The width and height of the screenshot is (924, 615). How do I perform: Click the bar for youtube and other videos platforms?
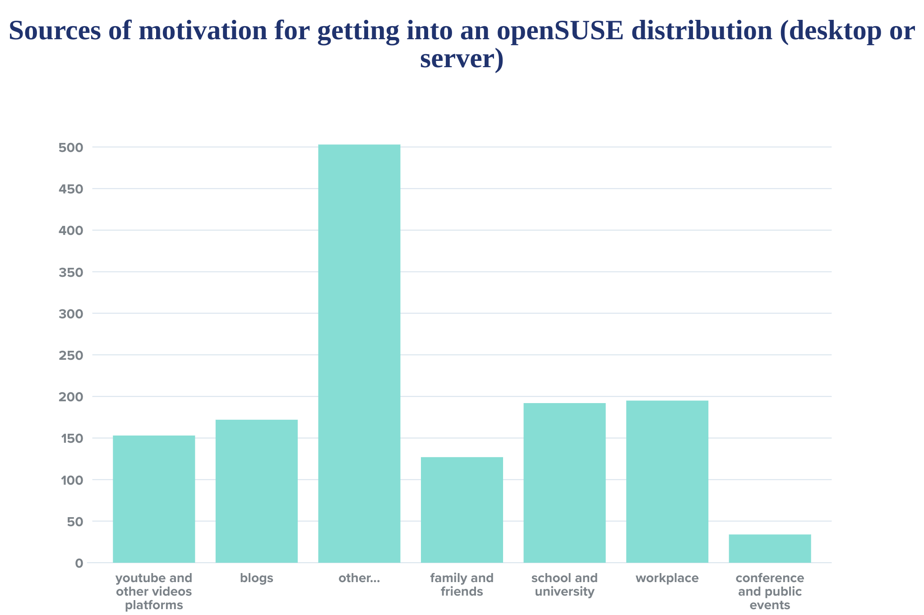[x=154, y=499]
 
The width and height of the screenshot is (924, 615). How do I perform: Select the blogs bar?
[x=256, y=491]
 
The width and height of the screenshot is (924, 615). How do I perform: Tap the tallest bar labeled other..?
[x=359, y=353]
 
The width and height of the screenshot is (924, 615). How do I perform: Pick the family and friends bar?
[x=462, y=509]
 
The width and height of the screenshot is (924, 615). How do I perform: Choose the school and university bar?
[x=564, y=482]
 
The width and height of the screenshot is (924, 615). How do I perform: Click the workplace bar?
[x=667, y=481]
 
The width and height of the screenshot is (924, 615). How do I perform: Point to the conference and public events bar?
[x=770, y=548]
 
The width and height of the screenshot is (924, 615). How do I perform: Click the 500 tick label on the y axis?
[x=71, y=147]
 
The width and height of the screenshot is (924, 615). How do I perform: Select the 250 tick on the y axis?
[x=71, y=355]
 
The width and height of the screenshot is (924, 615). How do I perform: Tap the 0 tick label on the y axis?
[x=79, y=563]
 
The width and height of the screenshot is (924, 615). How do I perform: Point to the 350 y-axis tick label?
[x=71, y=272]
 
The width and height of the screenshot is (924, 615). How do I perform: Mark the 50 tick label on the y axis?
[x=75, y=522]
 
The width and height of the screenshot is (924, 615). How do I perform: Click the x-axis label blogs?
[x=256, y=578]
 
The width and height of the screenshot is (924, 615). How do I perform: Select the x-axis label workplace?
[x=667, y=578]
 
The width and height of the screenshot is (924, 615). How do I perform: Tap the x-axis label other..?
[x=359, y=578]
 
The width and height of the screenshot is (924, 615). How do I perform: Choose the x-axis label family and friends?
[x=462, y=585]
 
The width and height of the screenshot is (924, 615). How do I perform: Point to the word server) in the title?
[x=462, y=59]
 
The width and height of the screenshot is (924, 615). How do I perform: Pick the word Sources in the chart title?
[x=55, y=31]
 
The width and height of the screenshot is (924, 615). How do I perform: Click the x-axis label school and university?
[x=564, y=585]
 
